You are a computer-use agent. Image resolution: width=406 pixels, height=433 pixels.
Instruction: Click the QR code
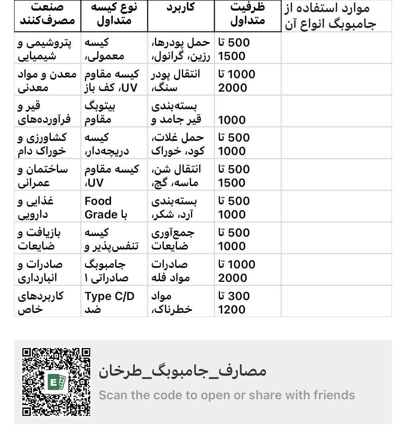(56, 382)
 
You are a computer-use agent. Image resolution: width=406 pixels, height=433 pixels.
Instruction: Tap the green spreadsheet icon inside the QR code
(56, 382)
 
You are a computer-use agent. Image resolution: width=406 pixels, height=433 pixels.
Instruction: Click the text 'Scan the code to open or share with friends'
(227, 395)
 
